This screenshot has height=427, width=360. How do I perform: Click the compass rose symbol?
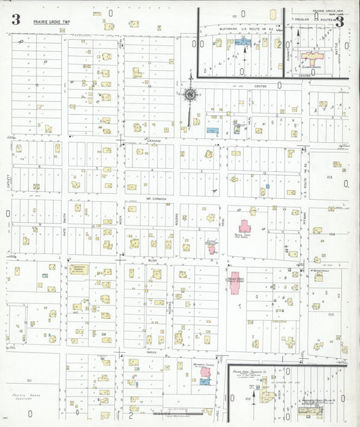(191, 95)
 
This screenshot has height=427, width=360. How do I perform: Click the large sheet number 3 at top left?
(15, 20)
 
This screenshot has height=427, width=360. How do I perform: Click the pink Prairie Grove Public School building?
(235, 282)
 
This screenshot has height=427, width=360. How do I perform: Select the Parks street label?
(153, 352)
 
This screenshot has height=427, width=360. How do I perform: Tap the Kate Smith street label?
(64, 216)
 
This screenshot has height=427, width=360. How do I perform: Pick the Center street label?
(260, 86)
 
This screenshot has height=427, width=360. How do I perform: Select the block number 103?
(330, 176)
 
